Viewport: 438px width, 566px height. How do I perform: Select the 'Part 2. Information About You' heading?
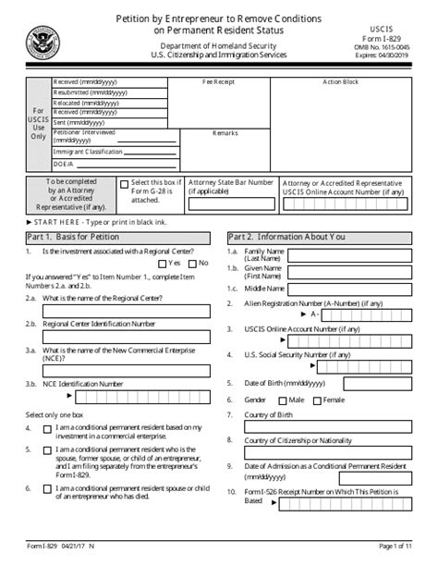point(289,236)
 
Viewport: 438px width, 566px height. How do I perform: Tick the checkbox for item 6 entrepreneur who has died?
point(47,488)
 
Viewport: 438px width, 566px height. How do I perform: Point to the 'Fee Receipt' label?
point(218,82)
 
